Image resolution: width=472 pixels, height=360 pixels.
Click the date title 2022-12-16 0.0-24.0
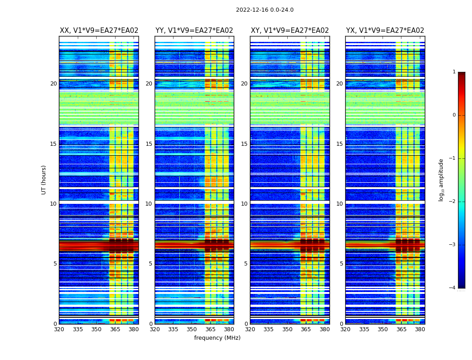coord(264,10)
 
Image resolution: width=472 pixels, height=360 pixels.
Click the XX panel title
coord(99,31)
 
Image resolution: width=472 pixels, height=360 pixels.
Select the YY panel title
coord(194,31)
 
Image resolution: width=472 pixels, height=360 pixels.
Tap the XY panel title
coord(289,31)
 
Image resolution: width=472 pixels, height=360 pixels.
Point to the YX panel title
coord(385,31)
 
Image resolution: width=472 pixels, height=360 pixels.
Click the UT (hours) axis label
coord(44,180)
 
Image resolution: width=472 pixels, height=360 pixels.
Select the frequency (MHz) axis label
coord(217,338)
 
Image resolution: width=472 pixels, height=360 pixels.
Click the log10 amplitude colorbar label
coord(441,180)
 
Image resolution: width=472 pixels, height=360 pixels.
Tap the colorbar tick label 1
coord(454,72)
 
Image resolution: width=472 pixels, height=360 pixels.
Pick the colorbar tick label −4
coord(453,288)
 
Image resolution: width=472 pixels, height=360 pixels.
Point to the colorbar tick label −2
coord(453,202)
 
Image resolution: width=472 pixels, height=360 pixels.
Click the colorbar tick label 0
coord(454,115)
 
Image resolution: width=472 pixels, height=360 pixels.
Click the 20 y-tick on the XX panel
coord(53,84)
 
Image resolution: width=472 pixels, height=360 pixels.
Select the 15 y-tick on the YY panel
coord(149,144)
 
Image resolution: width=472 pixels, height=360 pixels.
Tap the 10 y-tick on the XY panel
coord(244,204)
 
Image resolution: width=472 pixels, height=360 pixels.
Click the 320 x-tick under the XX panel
coord(59,329)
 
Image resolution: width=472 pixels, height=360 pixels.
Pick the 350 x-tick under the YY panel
coord(192,329)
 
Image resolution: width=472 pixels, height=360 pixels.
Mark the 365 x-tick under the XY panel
coord(306,329)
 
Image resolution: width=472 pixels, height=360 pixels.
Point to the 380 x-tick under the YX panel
coord(420,329)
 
